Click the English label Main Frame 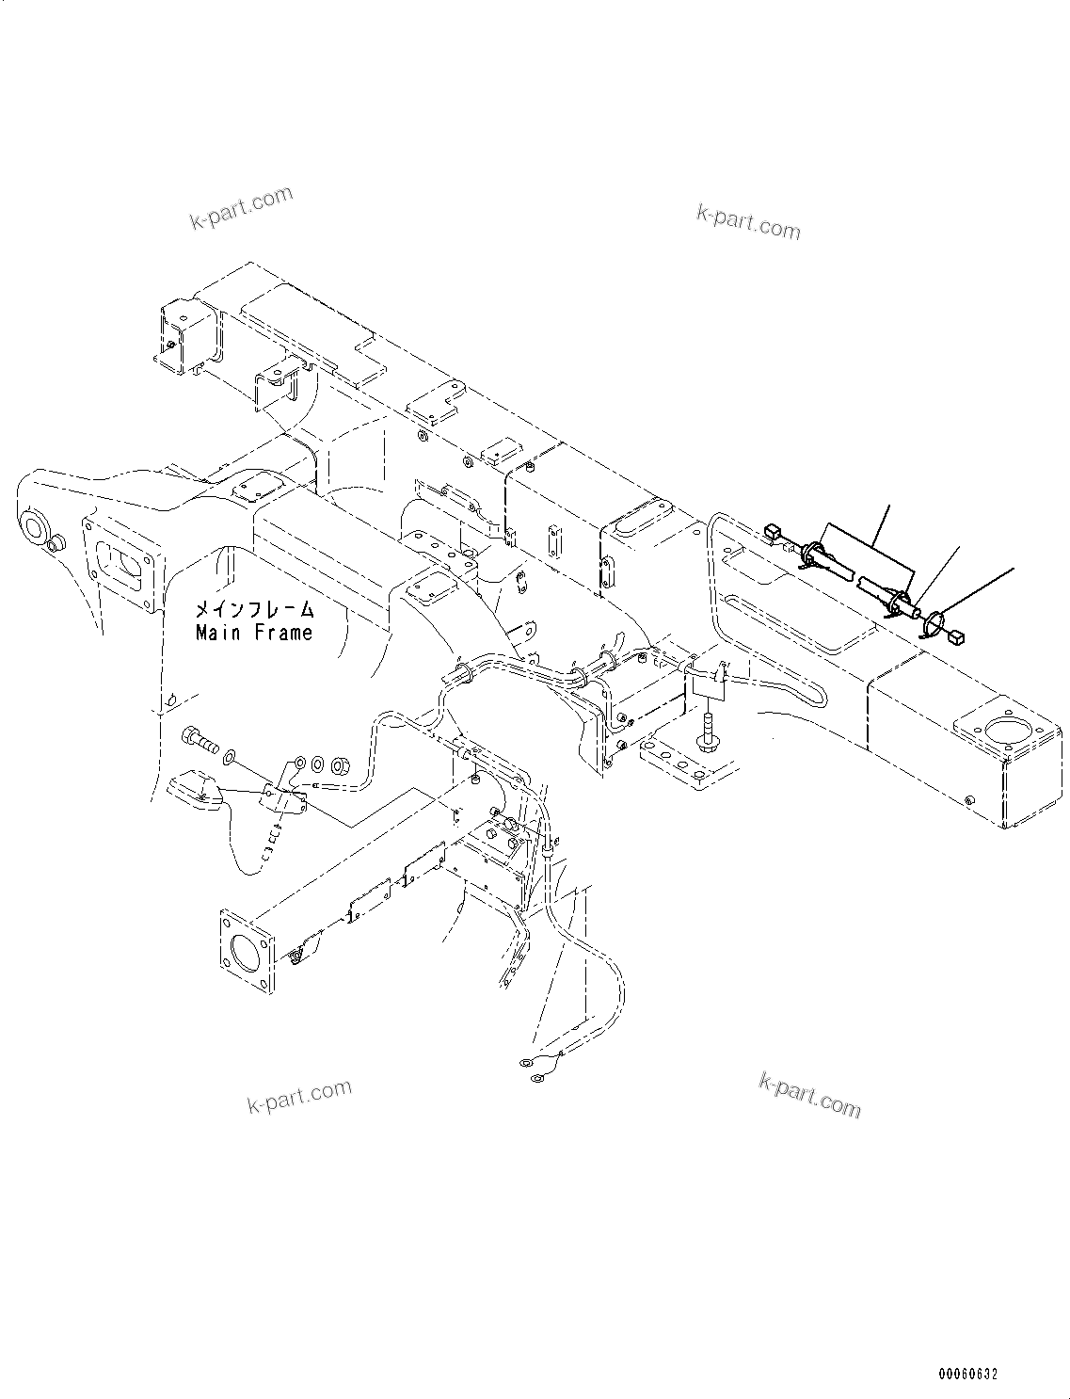tap(254, 633)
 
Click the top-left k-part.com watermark tap(241, 208)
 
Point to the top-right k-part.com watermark tap(748, 221)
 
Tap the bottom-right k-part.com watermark tap(809, 1095)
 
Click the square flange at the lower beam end tap(248, 951)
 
